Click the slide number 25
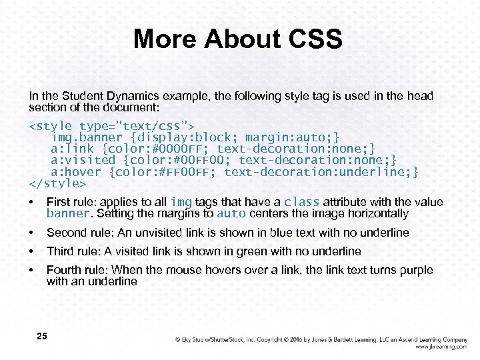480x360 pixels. point(41,337)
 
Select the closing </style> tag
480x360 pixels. point(57,183)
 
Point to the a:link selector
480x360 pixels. point(73,149)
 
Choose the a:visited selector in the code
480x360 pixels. point(83,160)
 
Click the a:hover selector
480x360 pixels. point(77,171)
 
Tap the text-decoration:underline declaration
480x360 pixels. point(321,171)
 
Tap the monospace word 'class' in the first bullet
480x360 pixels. point(301,202)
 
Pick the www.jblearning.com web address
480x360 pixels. point(441,347)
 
